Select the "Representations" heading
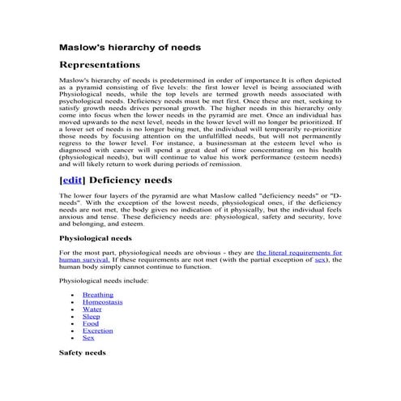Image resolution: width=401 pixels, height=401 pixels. (x=100, y=65)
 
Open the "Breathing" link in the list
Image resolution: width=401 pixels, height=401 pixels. (x=98, y=296)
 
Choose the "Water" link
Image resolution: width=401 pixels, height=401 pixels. (x=92, y=309)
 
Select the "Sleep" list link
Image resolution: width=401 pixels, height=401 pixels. (x=91, y=317)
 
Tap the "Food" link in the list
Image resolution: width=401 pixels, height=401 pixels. (x=90, y=324)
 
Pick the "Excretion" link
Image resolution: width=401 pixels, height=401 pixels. (x=98, y=331)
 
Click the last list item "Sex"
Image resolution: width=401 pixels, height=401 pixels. (x=88, y=338)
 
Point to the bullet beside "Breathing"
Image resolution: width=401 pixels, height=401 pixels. (x=74, y=296)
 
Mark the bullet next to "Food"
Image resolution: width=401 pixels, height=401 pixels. (x=74, y=324)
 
